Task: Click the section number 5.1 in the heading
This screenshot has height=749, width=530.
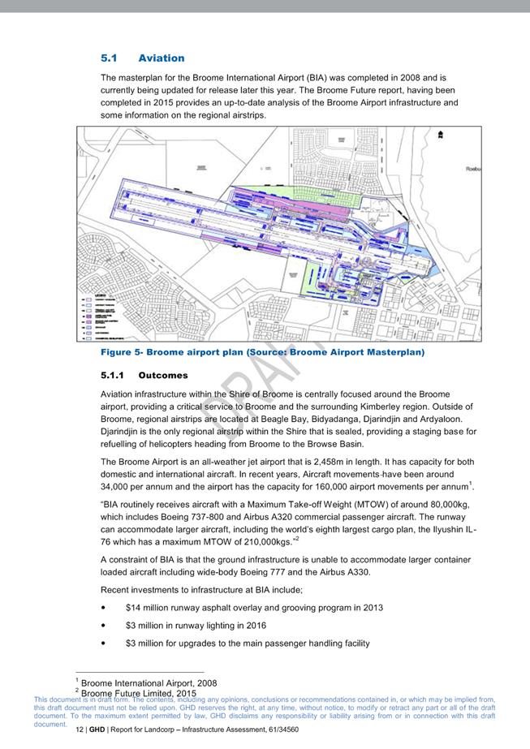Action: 109,58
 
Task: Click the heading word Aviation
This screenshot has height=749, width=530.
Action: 162,58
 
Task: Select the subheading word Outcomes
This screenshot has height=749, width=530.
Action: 163,376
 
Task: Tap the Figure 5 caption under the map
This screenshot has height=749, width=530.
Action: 262,353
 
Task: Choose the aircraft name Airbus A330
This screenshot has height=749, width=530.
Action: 355,572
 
